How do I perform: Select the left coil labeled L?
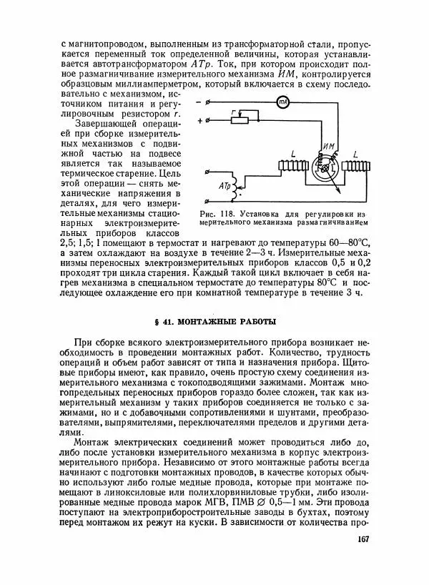point(292,166)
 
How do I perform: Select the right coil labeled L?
point(355,165)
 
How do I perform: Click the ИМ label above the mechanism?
point(329,147)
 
